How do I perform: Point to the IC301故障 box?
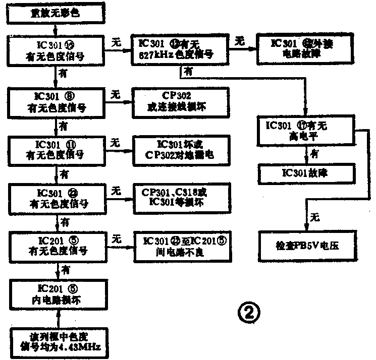click(x=304, y=174)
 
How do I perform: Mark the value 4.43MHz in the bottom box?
click(x=83, y=348)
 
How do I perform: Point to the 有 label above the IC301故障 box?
click(x=313, y=153)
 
